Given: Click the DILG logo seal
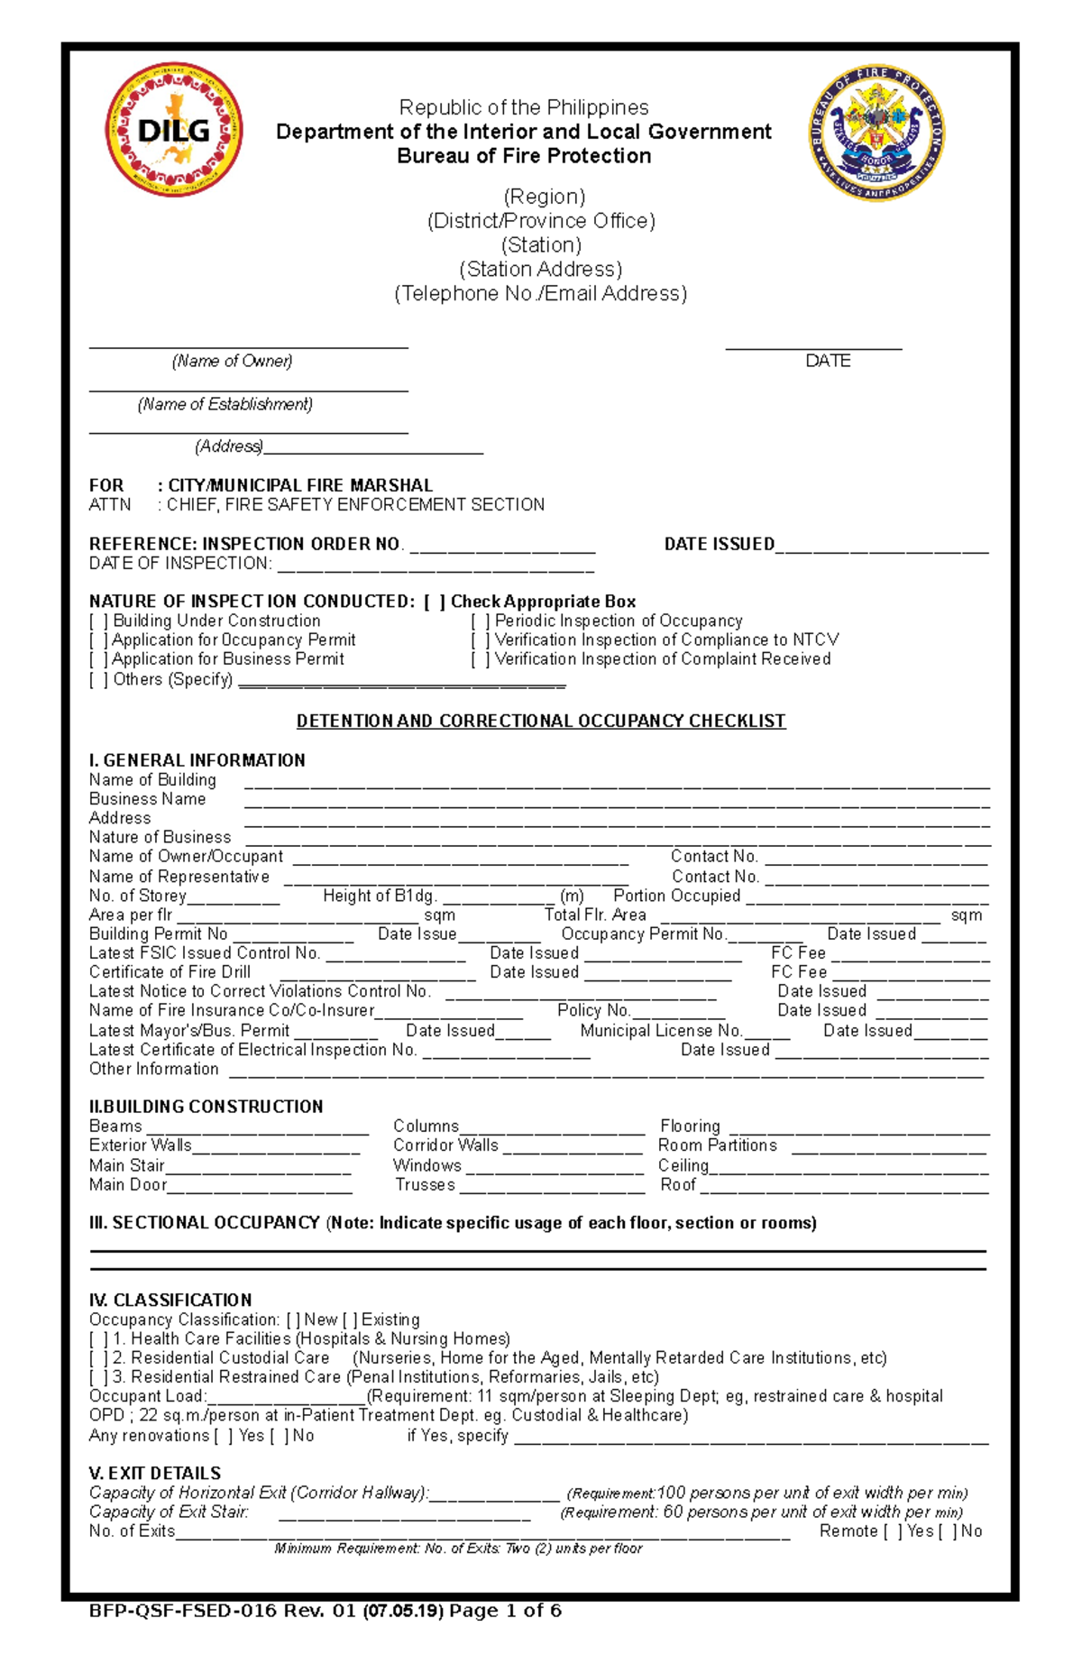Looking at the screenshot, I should [x=174, y=130].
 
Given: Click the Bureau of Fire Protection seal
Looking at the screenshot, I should [x=876, y=133].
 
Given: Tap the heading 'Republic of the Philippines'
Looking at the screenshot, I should [x=524, y=107].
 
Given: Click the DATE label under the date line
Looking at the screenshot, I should [x=827, y=361].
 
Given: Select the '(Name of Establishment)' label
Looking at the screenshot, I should [x=225, y=404].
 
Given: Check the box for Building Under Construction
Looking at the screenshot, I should [x=98, y=621].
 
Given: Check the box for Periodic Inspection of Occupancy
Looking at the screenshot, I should [x=481, y=621].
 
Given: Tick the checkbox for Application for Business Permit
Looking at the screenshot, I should [x=98, y=659].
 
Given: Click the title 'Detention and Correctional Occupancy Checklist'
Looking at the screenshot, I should [x=541, y=722].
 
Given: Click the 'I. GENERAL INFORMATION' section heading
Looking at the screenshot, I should [x=197, y=760].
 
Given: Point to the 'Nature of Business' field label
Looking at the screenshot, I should [x=160, y=837].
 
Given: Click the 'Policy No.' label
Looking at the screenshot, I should [x=592, y=1010].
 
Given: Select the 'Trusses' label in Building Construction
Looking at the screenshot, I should [x=425, y=1185].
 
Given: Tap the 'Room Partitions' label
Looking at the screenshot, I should [x=717, y=1145].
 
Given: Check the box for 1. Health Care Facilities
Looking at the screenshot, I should [x=98, y=1339].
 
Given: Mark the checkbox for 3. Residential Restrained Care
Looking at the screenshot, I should [x=98, y=1377].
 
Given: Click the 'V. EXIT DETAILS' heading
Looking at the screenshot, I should [x=154, y=1474].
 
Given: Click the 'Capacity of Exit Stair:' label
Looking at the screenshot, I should [x=169, y=1512].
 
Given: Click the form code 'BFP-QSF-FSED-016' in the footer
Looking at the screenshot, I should [x=182, y=1611].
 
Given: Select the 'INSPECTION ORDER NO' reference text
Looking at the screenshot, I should [x=300, y=544].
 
